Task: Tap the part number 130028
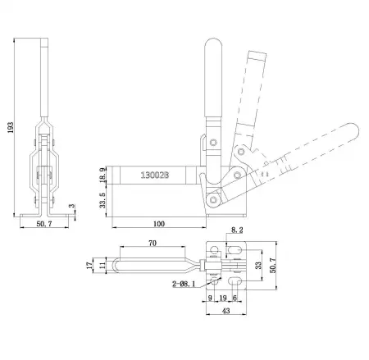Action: point(156,175)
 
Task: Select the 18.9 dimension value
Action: point(101,175)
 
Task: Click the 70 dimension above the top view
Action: point(153,244)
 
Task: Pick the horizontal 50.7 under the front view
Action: point(46,224)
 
